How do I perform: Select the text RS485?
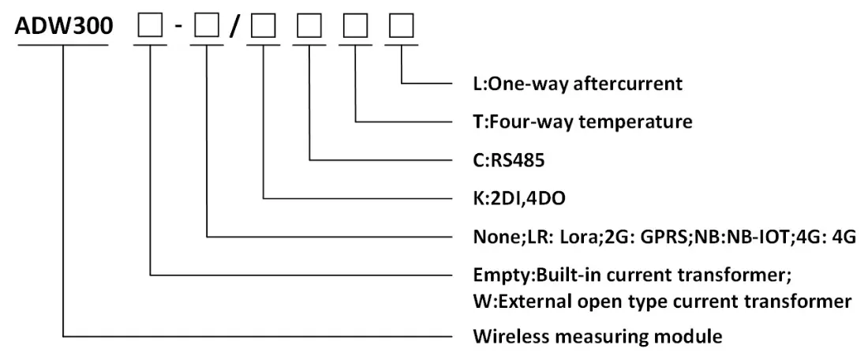[517, 160]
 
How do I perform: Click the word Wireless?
[509, 336]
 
